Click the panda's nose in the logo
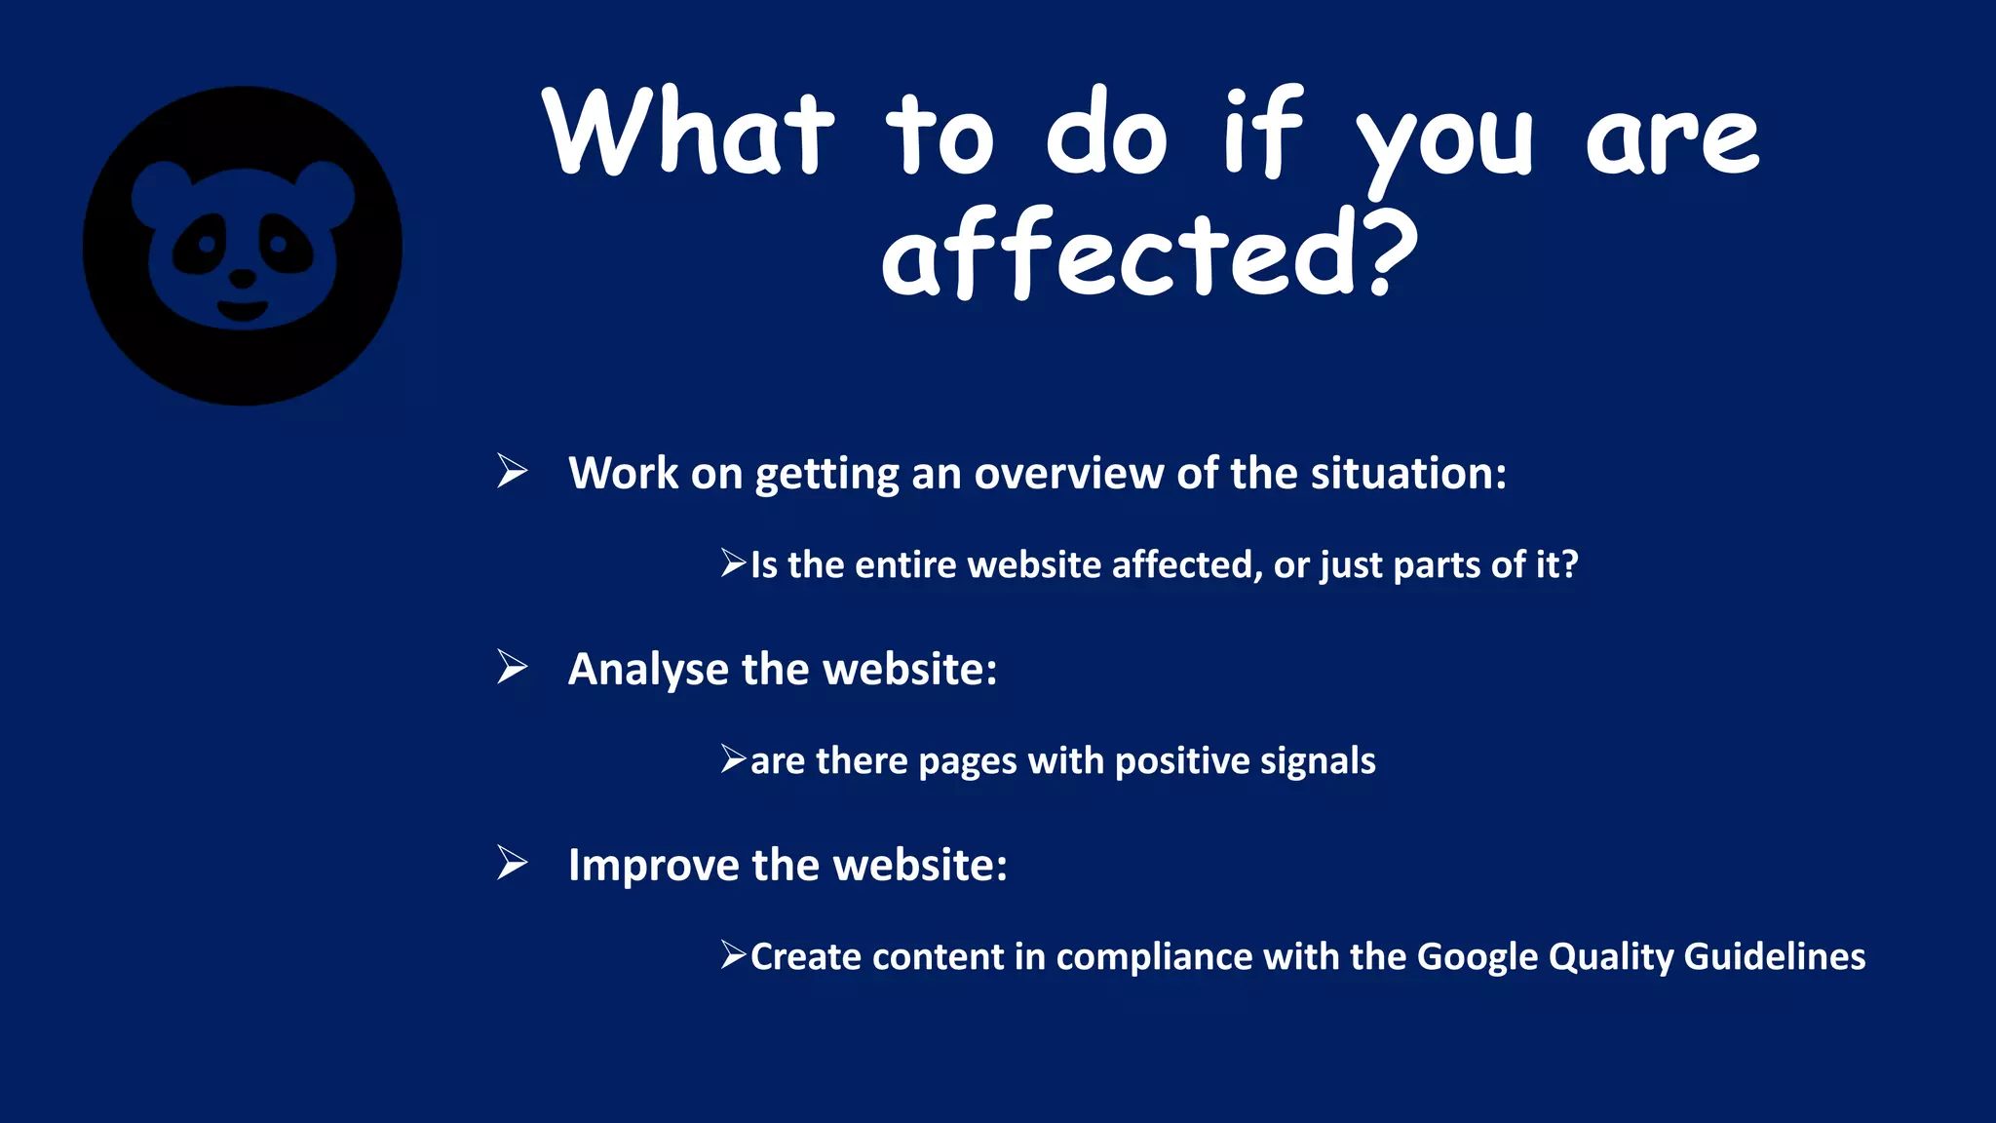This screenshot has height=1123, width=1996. coord(242,280)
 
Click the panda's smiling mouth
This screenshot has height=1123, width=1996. coord(242,311)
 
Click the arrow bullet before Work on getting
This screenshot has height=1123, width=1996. coord(512,471)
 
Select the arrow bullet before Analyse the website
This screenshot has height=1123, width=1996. coord(512,667)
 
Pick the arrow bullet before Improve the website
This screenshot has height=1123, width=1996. coord(512,863)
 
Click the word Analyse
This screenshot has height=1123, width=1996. coord(648,670)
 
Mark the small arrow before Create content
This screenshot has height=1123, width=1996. coord(733,954)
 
